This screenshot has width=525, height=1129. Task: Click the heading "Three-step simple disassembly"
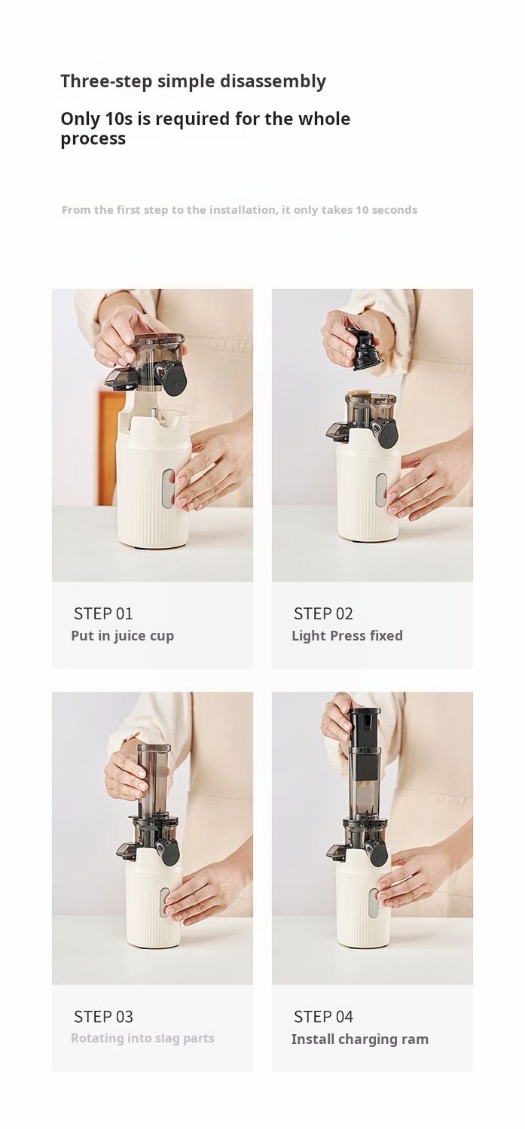point(193,81)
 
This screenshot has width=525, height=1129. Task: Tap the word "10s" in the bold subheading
point(119,119)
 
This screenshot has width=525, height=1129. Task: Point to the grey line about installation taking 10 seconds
point(240,210)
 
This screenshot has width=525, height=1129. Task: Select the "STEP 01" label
point(103,613)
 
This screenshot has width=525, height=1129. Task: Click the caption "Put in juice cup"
point(123,636)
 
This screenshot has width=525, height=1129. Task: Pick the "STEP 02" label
point(323,613)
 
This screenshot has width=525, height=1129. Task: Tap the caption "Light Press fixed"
point(347,635)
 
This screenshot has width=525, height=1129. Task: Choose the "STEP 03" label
point(103,1017)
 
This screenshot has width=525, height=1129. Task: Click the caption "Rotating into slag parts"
point(142,1038)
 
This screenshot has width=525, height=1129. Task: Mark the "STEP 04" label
point(323,1017)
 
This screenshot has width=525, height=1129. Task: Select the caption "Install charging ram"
point(360,1039)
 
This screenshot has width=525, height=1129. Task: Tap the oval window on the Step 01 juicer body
point(168,488)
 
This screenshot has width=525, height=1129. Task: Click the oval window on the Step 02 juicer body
point(381,490)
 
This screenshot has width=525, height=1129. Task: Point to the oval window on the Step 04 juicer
point(373,902)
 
